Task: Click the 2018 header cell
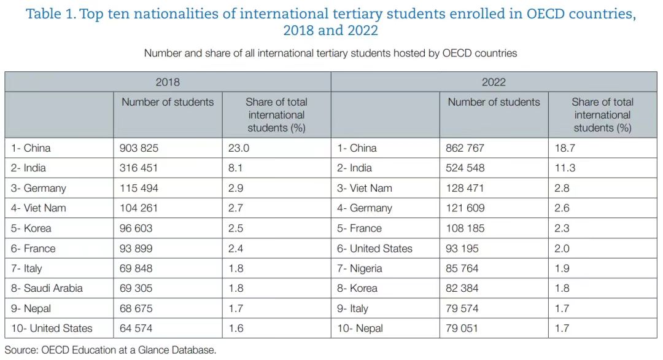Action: pyautogui.click(x=168, y=82)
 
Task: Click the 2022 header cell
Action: pyautogui.click(x=494, y=82)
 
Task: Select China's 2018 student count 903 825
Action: pyautogui.click(x=139, y=148)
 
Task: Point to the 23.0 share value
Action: pyautogui.click(x=239, y=148)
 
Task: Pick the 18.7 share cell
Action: pyautogui.click(x=565, y=148)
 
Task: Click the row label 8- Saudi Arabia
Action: pyautogui.click(x=47, y=288)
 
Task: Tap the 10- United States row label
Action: pyautogui.click(x=52, y=329)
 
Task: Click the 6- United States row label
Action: pyautogui.click(x=374, y=248)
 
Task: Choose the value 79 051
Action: pyautogui.click(x=462, y=329)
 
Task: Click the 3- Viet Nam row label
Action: pyautogui.click(x=365, y=188)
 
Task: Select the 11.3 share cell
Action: pyautogui.click(x=565, y=168)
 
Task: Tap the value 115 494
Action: pyautogui.click(x=139, y=188)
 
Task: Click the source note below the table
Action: pyautogui.click(x=110, y=350)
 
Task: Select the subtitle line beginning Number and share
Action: pyautogui.click(x=330, y=53)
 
